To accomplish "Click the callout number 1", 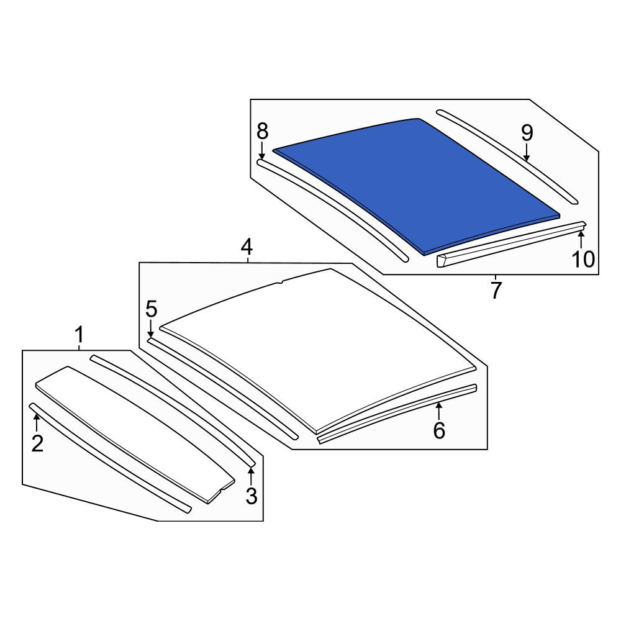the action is point(79,335).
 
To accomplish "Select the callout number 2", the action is point(37,443).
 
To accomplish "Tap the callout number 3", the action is point(252,496).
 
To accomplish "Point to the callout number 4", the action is point(247,247).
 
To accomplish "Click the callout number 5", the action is point(152,309).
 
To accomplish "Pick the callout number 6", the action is point(439,430).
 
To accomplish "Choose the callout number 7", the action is point(496,290).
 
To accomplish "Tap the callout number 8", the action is point(262,131).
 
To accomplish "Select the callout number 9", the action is point(527,133).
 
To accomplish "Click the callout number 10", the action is point(583,259).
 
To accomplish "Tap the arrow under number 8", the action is point(261,152).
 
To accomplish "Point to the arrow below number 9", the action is point(527,153).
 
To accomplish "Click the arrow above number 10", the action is point(581,240).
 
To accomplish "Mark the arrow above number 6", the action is point(439,410).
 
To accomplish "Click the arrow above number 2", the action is point(37,422).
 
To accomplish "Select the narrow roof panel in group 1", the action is point(135,433).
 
